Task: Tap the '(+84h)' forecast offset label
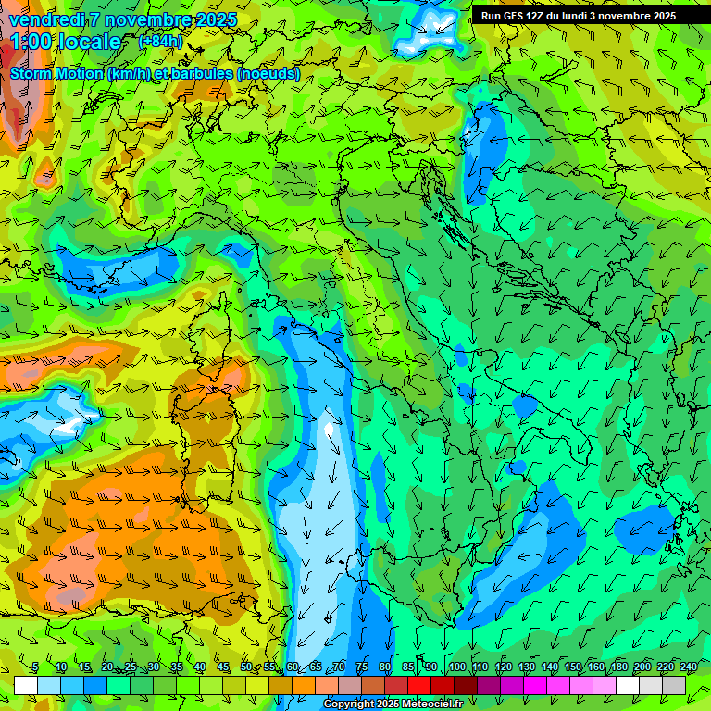coord(160,42)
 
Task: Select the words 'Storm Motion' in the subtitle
coord(56,74)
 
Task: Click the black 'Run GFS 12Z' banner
coord(578,16)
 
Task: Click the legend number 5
coord(35,667)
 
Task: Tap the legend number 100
coord(456,667)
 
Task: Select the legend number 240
coord(688,667)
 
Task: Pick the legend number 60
coord(292,667)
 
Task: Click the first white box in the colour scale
coord(26,685)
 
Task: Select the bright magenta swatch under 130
coord(535,685)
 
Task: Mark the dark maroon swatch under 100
coord(466,685)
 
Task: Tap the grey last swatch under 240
coord(674,685)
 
